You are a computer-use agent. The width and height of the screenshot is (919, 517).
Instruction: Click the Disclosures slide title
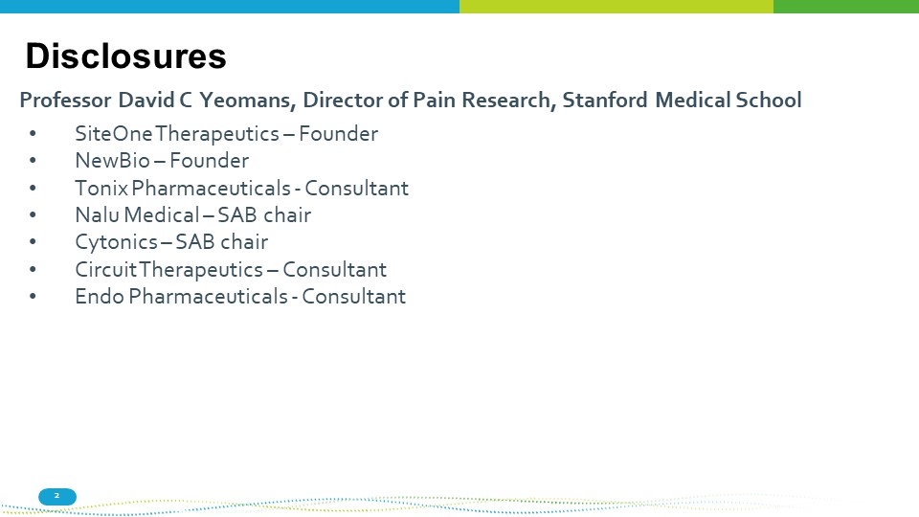pyautogui.click(x=125, y=56)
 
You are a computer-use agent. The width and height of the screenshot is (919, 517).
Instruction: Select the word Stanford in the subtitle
pyautogui.click(x=605, y=100)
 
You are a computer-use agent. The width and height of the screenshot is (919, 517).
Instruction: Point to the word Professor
pyautogui.click(x=65, y=100)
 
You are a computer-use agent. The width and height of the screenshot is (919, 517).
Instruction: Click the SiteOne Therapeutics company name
pyautogui.click(x=177, y=134)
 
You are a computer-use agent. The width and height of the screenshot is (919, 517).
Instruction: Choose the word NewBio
pyautogui.click(x=113, y=161)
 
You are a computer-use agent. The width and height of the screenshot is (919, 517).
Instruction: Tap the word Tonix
pyautogui.click(x=101, y=189)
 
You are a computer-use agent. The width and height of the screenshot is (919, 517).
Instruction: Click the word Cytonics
pyautogui.click(x=116, y=242)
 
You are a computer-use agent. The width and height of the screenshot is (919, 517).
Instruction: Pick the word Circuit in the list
pyautogui.click(x=106, y=270)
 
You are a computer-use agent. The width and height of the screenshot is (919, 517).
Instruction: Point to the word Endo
pyautogui.click(x=100, y=297)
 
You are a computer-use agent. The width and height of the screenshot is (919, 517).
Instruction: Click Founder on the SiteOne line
pyautogui.click(x=338, y=134)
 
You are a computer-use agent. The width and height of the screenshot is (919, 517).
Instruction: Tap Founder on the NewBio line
pyautogui.click(x=210, y=161)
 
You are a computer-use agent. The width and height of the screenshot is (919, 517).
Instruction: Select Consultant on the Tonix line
pyautogui.click(x=356, y=189)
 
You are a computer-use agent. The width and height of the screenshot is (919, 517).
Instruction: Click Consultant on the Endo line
pyautogui.click(x=353, y=297)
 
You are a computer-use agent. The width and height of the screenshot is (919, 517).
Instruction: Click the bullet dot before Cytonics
pyautogui.click(x=33, y=242)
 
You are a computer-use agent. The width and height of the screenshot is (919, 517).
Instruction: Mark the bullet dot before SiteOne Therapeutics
pyautogui.click(x=33, y=134)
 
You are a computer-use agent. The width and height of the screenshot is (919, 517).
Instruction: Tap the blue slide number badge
pyautogui.click(x=57, y=497)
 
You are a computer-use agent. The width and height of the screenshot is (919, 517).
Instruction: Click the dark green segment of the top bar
pyautogui.click(x=846, y=7)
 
